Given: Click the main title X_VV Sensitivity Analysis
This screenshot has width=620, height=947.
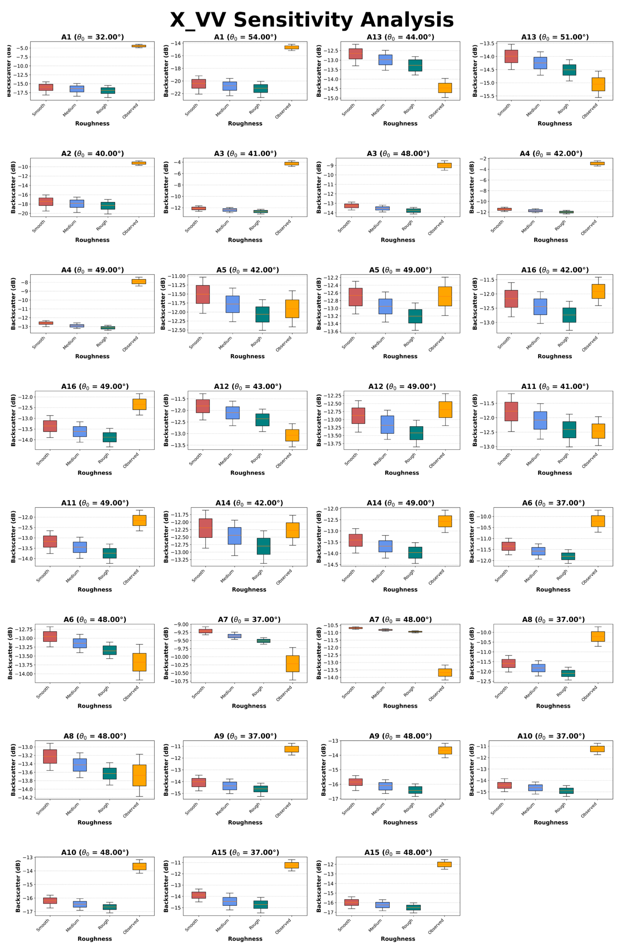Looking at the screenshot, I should pos(312,20).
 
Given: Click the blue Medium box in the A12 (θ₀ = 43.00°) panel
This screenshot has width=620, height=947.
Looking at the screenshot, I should pos(232,413).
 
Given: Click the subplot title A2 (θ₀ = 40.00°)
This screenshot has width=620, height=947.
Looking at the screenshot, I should pos(92,154).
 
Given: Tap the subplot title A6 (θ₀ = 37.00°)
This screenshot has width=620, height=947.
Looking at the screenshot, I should pos(553,503).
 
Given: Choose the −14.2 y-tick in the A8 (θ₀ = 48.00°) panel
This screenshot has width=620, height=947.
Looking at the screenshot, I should pos(23,798).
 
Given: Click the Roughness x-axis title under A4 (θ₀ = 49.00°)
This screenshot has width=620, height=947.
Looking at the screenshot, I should pos(92,356).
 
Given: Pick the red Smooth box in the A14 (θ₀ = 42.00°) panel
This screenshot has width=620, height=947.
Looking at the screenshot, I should pos(206,528).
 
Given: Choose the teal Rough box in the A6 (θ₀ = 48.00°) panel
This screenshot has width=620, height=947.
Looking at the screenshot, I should pos(109,650).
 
